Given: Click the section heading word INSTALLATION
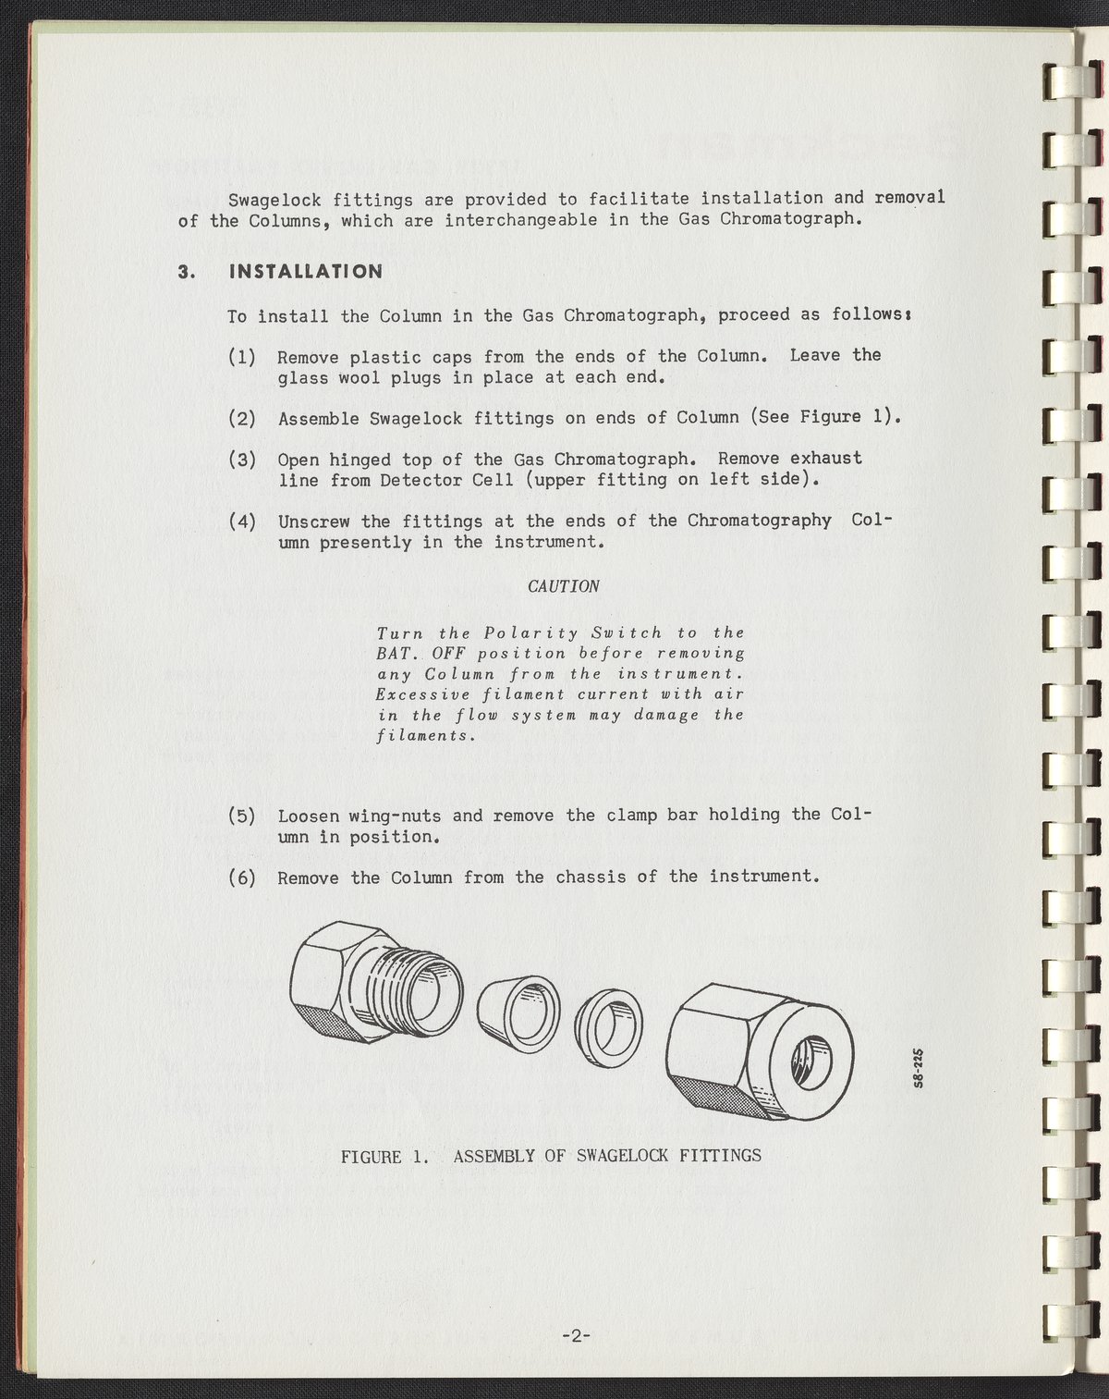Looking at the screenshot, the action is [306, 271].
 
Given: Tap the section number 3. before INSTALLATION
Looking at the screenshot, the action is [187, 272].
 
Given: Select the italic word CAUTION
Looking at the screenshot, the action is [563, 586].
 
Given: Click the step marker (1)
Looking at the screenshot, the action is [242, 357].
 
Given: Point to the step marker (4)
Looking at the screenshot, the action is [242, 522].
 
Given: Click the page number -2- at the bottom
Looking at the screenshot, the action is [576, 1336].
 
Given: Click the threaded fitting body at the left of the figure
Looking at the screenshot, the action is [376, 982].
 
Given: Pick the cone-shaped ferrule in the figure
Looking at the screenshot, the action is [518, 1014].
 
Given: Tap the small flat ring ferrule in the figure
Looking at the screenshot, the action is [608, 1028].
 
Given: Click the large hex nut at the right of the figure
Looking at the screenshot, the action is [760, 1052].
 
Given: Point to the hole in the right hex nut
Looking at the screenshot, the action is [811, 1062].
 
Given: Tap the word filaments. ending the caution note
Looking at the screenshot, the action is [426, 736].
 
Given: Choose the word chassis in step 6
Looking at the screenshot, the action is [591, 877].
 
